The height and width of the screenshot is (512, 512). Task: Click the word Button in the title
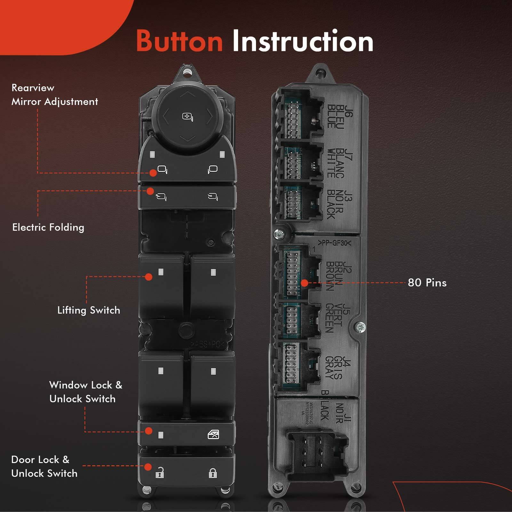[x=179, y=41]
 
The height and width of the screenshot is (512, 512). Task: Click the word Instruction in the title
[x=302, y=41]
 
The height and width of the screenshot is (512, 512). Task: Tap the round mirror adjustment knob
[x=188, y=117]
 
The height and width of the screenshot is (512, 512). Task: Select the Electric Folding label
[x=48, y=228]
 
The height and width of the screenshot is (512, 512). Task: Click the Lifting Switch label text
[x=89, y=310]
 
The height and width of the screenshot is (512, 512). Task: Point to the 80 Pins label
[x=427, y=283]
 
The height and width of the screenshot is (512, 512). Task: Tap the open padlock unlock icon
[x=160, y=473]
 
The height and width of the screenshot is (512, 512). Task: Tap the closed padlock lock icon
[x=213, y=473]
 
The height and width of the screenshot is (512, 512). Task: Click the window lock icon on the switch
[x=213, y=435]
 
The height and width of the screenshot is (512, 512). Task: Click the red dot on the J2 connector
[x=304, y=283]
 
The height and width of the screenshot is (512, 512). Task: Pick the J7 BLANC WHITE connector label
[x=339, y=163]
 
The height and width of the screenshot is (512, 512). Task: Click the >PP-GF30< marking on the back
[x=334, y=243]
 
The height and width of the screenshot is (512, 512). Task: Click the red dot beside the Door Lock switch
[x=148, y=467]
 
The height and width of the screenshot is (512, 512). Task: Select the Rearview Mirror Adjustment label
[x=54, y=95]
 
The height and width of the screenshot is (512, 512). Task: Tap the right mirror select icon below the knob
[x=212, y=169]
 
